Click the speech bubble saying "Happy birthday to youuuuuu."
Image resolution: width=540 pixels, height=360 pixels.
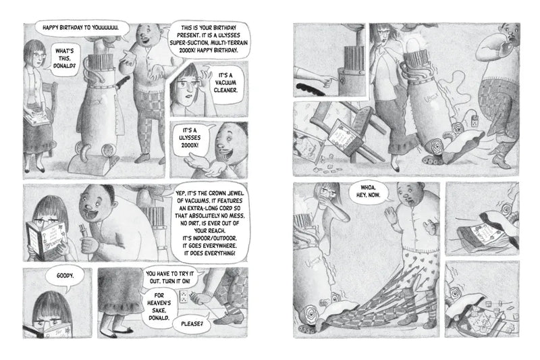click(x=80, y=28)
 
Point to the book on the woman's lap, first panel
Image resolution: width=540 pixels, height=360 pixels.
click(x=36, y=122)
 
